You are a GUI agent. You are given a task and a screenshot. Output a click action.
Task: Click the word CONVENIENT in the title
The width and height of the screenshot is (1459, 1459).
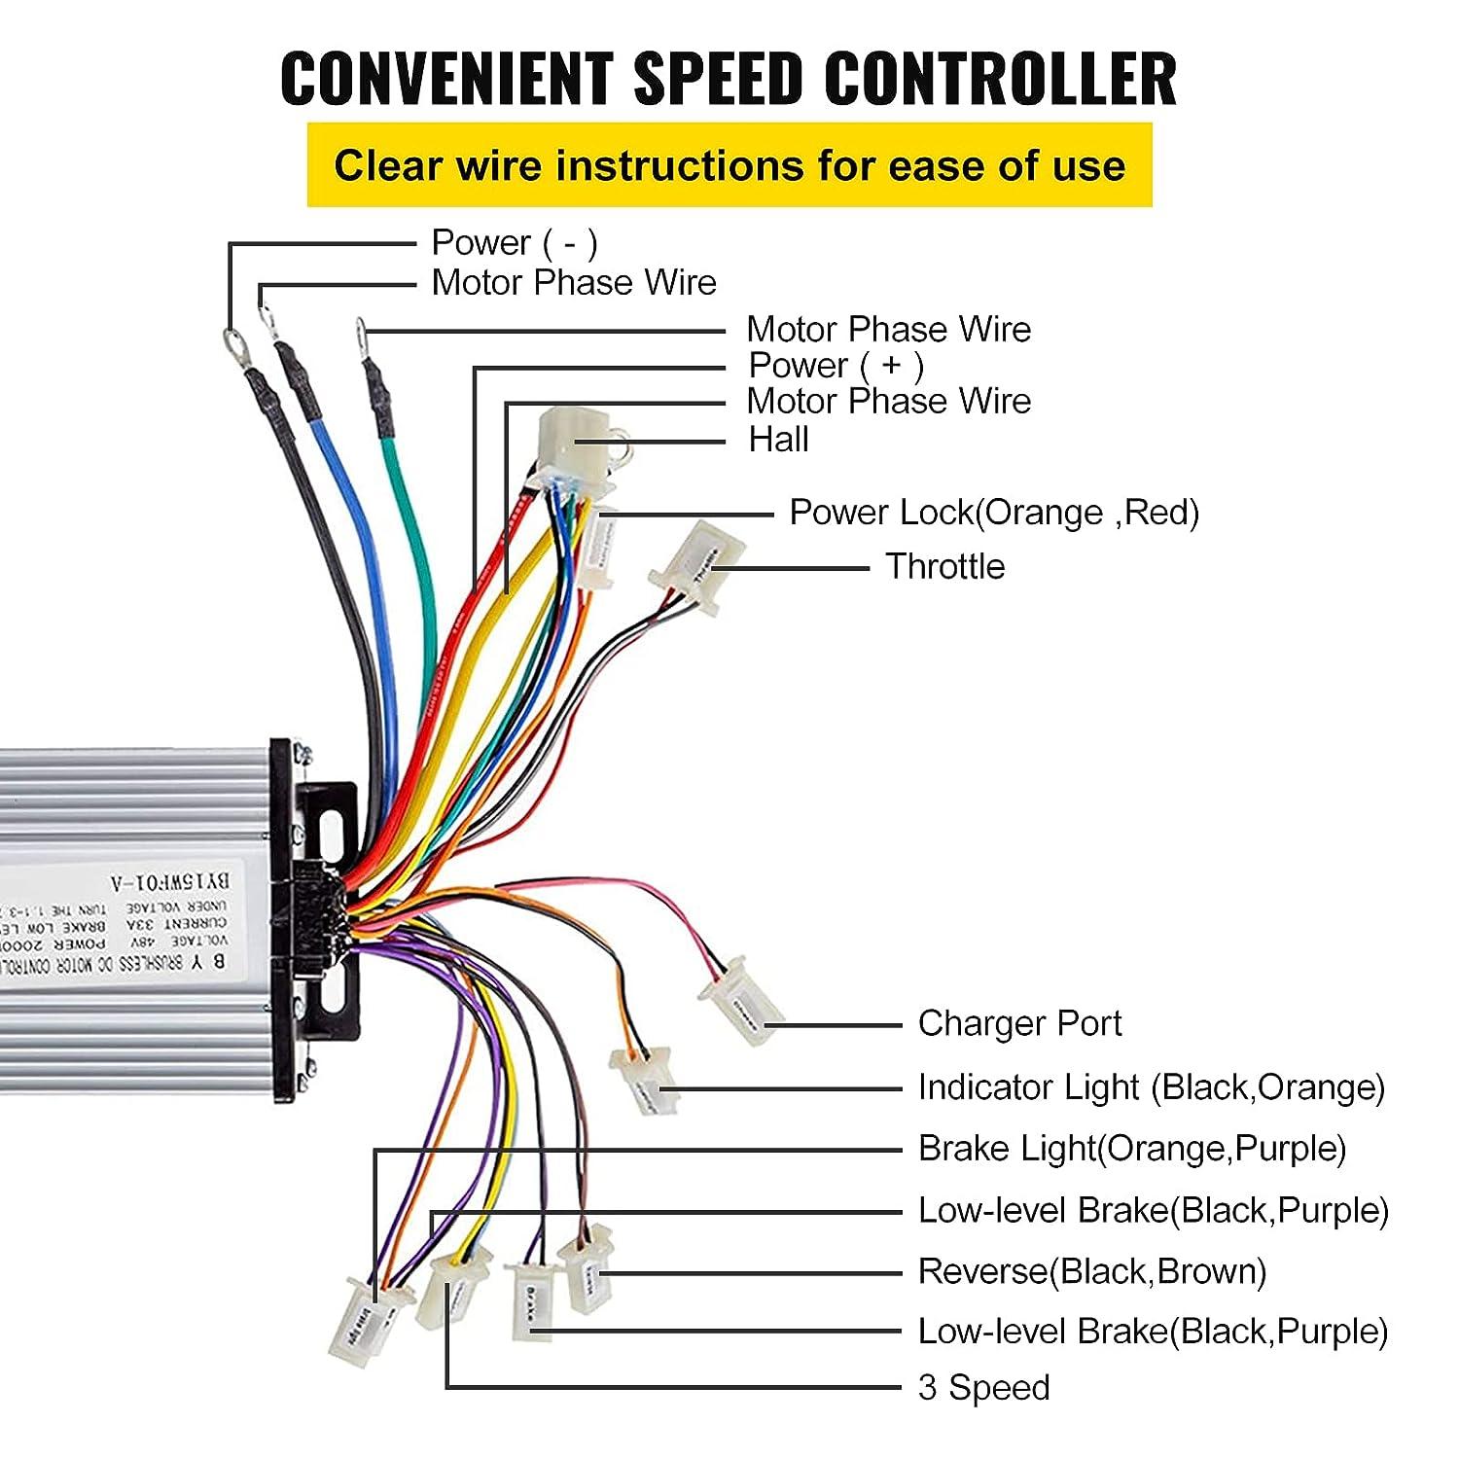click(x=446, y=78)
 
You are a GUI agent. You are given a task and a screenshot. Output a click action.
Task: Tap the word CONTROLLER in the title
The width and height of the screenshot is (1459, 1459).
click(x=1001, y=78)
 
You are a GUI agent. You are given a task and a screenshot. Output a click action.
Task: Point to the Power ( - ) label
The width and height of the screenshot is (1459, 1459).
click(x=514, y=242)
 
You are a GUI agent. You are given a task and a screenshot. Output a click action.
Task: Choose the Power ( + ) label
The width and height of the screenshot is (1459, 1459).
click(x=836, y=366)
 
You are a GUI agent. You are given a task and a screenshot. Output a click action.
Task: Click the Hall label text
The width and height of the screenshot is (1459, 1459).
click(x=778, y=440)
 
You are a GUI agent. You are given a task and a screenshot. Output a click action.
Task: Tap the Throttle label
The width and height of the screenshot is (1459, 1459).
click(x=944, y=566)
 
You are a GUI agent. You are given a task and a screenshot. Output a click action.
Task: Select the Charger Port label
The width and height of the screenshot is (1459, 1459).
click(x=1019, y=1023)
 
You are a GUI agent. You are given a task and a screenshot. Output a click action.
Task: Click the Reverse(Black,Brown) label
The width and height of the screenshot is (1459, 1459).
click(x=1091, y=1271)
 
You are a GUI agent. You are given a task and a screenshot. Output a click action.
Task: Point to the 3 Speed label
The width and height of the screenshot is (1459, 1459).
click(x=983, y=1387)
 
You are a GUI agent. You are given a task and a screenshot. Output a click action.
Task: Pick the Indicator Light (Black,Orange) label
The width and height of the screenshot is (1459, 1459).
click(x=1151, y=1087)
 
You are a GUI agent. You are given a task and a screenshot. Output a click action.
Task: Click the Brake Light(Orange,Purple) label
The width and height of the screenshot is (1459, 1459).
click(x=1131, y=1149)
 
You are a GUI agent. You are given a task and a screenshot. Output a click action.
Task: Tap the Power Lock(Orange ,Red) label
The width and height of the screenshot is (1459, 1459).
click(x=993, y=513)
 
